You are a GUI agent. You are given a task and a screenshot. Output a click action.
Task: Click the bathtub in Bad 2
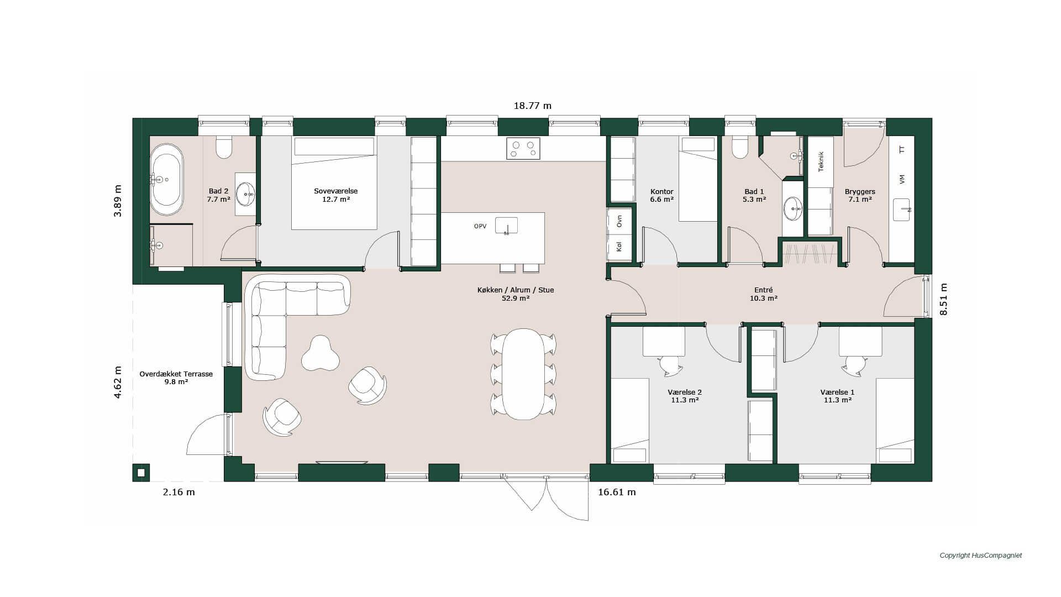coord(167,180)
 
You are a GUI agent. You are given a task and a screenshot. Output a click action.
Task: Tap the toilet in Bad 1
coord(740,148)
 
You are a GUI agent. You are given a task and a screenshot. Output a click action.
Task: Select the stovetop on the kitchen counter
coord(523,149)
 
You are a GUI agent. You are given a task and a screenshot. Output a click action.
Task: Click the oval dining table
coord(523,374)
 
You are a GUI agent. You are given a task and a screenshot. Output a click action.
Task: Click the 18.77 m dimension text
coord(533,106)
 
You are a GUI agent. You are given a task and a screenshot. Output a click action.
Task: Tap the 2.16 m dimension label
coord(179,492)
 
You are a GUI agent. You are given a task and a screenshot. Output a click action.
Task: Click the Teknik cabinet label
coord(821,161)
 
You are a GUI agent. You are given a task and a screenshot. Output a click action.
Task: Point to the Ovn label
coord(619,221)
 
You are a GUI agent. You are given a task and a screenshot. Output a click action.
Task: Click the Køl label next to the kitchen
coord(619,247)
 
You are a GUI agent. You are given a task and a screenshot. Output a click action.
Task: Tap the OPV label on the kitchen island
coord(480,226)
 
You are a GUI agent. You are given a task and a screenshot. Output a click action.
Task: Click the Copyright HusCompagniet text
coord(981,556)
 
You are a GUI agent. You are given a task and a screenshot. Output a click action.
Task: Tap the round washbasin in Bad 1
coord(793,209)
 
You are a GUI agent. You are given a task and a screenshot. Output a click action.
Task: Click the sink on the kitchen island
coord(506,226)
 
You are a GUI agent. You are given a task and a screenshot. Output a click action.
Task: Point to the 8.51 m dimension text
coord(944,299)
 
